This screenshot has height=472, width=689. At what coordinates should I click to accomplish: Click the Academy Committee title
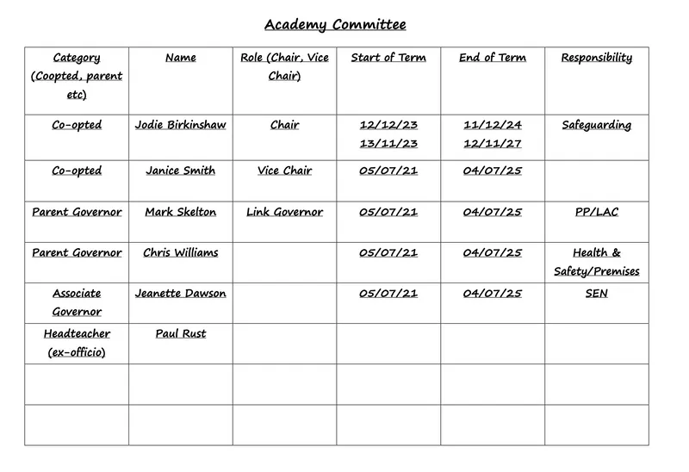click(335, 24)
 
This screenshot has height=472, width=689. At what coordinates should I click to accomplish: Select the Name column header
click(180, 58)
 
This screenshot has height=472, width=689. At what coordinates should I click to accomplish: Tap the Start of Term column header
click(388, 58)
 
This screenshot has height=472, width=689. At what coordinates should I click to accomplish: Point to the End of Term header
click(493, 58)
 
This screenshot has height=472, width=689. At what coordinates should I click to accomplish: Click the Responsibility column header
click(596, 58)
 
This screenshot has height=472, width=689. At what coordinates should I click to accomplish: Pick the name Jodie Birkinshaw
click(180, 125)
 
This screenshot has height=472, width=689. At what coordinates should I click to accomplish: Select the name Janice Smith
click(180, 171)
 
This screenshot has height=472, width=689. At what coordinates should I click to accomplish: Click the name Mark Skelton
click(180, 212)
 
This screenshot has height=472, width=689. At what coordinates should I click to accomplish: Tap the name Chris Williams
click(180, 253)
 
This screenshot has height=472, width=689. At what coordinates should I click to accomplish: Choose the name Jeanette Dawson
click(180, 294)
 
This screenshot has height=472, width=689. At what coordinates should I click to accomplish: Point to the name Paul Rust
click(180, 334)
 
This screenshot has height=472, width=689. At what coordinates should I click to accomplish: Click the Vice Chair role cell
click(284, 171)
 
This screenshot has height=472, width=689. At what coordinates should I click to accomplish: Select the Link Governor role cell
click(284, 212)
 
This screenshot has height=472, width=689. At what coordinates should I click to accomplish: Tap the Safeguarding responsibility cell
click(596, 125)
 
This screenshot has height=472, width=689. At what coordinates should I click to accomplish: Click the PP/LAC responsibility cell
click(596, 212)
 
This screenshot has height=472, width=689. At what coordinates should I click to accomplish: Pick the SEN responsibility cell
click(596, 294)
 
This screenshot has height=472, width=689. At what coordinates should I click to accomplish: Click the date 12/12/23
click(388, 125)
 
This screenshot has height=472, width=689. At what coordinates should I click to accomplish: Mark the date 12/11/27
click(493, 144)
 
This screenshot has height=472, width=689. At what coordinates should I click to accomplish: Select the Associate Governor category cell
click(77, 302)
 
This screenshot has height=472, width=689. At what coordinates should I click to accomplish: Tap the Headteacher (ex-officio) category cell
click(77, 343)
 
